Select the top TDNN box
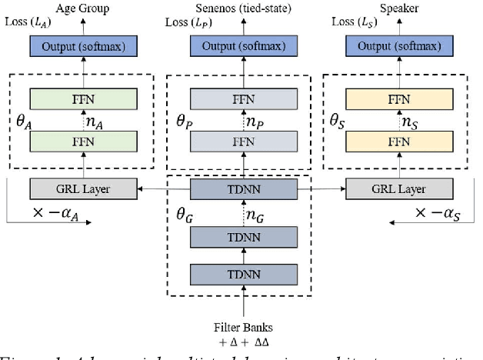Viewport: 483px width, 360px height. point(242,187)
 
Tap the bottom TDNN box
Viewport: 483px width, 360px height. point(242,274)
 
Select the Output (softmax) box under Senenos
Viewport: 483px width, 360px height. point(242,46)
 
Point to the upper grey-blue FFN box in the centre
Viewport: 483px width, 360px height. point(242,99)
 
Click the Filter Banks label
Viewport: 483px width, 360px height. point(242,325)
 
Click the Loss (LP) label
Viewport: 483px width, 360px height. point(186,22)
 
